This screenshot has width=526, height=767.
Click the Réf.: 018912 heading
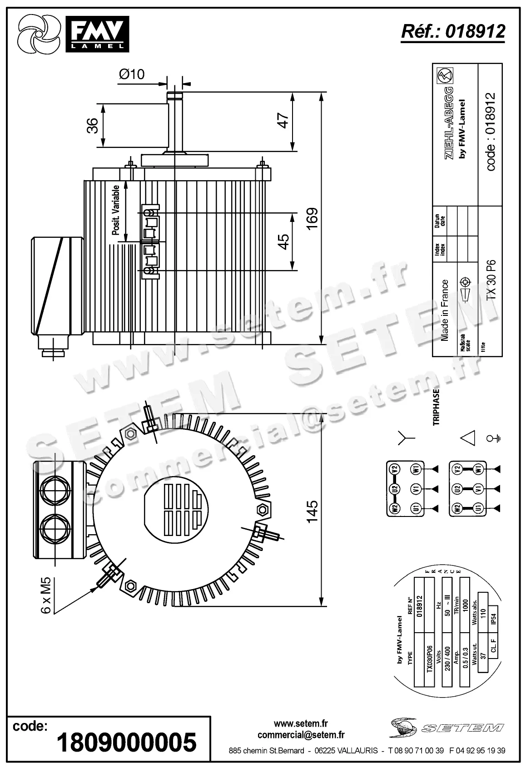(453, 31)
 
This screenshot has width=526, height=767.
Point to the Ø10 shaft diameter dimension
(132, 74)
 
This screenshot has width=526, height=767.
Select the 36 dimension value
(93, 126)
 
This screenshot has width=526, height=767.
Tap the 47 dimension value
(283, 121)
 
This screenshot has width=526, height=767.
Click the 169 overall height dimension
(312, 219)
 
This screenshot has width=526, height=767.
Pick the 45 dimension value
(283, 241)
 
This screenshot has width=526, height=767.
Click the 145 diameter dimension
(312, 511)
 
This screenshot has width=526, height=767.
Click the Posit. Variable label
(116, 210)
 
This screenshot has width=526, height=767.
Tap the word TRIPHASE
(436, 407)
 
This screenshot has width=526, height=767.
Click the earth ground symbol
(493, 438)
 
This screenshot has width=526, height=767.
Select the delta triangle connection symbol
(468, 438)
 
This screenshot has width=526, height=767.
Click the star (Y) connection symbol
(406, 438)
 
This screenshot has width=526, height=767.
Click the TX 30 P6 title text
(491, 280)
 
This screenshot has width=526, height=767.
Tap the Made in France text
(445, 310)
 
